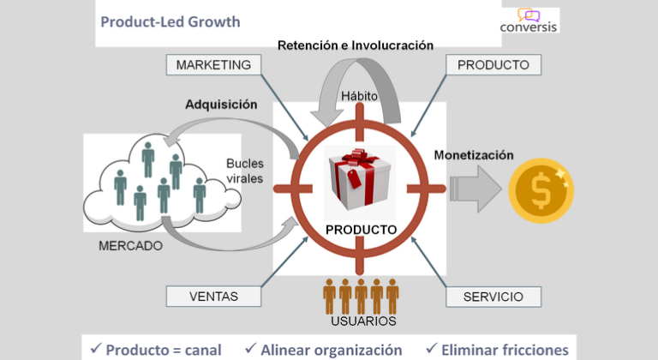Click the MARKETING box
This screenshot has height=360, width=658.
coord(213,65)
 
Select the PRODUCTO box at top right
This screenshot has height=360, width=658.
coord(493,65)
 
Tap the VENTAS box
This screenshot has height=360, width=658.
coord(213,297)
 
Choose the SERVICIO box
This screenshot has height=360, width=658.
coord(493,297)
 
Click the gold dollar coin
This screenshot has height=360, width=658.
coord(540,190)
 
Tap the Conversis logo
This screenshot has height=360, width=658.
coord(529,21)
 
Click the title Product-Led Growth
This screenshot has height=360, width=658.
coord(170,21)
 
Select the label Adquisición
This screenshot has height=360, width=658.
coord(221,105)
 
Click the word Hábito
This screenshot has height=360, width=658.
coord(359,95)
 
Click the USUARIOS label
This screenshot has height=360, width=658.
coord(363,321)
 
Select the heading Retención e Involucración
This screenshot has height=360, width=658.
coord(355,45)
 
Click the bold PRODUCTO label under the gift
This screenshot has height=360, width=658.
coord(361,230)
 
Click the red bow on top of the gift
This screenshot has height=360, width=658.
coord(358,159)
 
